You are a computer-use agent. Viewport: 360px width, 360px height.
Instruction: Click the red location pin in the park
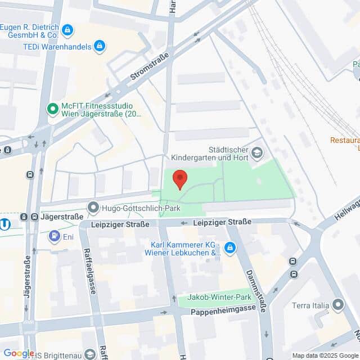click(179, 179)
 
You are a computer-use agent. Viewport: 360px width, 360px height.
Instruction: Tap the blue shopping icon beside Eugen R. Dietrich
click(68, 30)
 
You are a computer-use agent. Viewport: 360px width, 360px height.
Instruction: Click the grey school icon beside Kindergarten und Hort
click(257, 152)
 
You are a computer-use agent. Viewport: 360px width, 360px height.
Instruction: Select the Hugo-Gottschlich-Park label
click(133, 208)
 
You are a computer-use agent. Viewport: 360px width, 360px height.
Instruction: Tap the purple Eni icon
click(54, 236)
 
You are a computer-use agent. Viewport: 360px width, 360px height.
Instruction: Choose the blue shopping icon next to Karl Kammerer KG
click(229, 247)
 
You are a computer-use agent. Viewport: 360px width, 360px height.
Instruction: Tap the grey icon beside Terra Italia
click(338, 305)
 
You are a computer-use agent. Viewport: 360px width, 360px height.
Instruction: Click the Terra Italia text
click(309, 305)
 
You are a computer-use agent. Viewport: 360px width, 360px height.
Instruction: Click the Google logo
click(19, 353)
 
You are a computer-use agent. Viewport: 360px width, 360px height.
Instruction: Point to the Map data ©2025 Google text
click(325, 355)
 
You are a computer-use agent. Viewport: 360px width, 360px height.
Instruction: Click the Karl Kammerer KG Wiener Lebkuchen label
click(186, 249)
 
